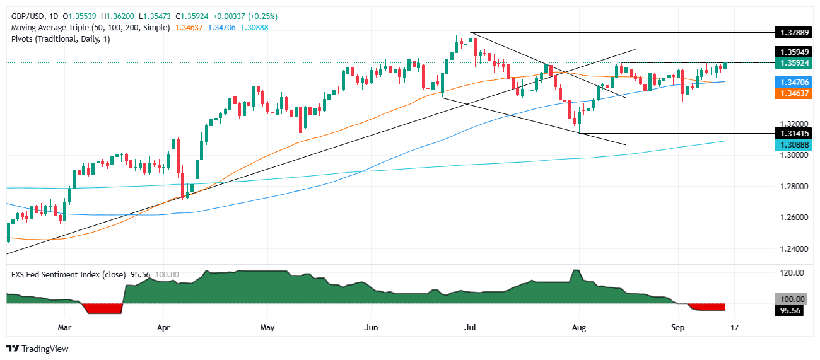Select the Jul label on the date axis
471,328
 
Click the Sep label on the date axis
677,328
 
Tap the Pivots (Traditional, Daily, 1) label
61,39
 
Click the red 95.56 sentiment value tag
792,310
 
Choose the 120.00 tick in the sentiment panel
792,273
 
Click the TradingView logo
37,349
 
